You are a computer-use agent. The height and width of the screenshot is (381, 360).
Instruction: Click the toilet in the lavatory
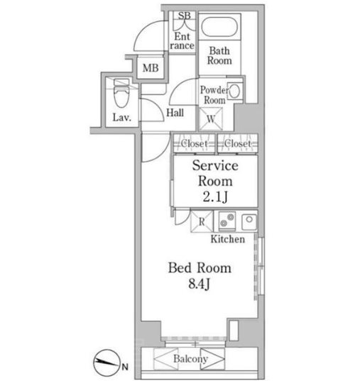(121, 93)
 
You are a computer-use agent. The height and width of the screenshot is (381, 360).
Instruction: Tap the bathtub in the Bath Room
(219, 26)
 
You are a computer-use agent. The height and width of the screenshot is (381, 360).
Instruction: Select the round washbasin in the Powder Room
(234, 91)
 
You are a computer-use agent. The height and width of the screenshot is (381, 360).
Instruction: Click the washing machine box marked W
(211, 118)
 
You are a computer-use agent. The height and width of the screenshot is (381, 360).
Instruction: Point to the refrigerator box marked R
(202, 221)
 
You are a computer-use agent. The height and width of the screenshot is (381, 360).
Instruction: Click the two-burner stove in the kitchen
(227, 221)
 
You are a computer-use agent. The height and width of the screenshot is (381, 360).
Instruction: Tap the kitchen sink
(249, 221)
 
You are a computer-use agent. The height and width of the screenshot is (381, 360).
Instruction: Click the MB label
(151, 68)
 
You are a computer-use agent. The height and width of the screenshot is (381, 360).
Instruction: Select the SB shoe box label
(184, 16)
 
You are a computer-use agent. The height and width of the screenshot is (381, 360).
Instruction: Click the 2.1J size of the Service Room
(215, 197)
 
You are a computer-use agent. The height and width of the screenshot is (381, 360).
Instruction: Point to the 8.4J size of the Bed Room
(200, 284)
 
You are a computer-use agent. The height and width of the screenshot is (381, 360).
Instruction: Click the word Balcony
(191, 359)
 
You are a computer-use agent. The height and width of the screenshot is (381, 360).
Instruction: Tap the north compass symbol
(107, 363)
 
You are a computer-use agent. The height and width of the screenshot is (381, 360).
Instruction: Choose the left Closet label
(194, 143)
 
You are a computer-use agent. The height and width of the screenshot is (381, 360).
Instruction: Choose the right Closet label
(237, 143)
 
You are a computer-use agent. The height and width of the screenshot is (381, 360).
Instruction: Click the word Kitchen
(228, 239)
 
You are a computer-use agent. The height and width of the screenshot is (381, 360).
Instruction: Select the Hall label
(175, 113)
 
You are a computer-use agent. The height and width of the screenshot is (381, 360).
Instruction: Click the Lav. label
(122, 118)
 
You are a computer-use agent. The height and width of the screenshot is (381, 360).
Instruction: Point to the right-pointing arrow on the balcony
(212, 359)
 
